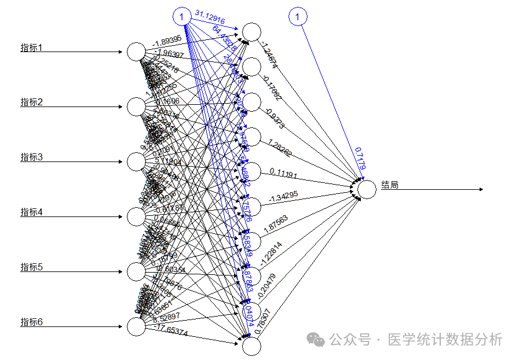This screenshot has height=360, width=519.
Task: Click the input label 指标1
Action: click(x=32, y=48)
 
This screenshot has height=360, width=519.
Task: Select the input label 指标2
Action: click(x=32, y=102)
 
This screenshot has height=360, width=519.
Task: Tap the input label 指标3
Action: click(x=32, y=157)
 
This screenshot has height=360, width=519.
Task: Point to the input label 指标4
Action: click(x=32, y=212)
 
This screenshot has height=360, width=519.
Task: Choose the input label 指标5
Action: click(x=32, y=267)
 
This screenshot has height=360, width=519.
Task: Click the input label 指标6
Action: click(x=32, y=322)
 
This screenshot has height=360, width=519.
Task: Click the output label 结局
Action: click(x=390, y=185)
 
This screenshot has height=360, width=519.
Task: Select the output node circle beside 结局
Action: click(x=367, y=189)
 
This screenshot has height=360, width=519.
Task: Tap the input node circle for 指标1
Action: click(x=136, y=52)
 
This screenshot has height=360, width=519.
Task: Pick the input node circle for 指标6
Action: click(x=136, y=326)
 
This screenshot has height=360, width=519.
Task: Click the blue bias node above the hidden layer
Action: click(x=182, y=17)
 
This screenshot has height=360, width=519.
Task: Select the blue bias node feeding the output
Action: click(x=298, y=17)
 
